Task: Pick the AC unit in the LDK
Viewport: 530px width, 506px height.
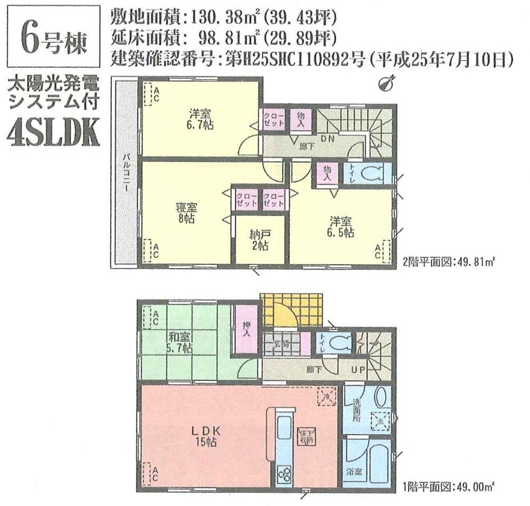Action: tap(151, 473)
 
